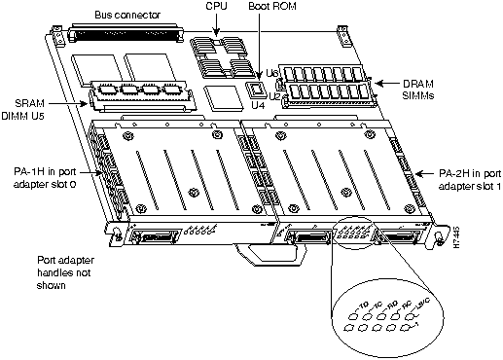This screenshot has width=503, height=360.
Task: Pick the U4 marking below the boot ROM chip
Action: coord(258,104)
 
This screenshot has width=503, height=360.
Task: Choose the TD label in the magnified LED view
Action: coord(363,306)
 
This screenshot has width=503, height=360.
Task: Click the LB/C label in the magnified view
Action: coord(424,308)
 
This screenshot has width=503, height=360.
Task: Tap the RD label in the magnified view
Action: coord(392,307)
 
